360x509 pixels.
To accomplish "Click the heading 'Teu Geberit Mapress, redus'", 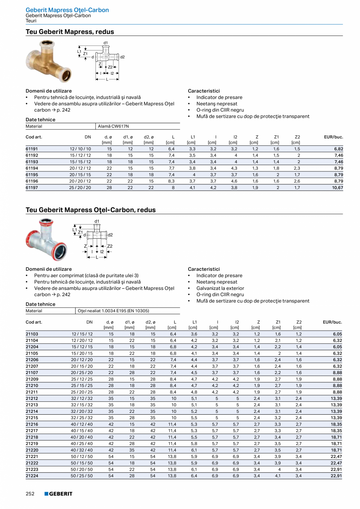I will pyautogui.click(x=70, y=32).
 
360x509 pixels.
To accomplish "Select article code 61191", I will pyautogui.click(x=32, y=149).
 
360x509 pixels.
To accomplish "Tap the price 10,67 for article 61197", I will pyautogui.click(x=337, y=188).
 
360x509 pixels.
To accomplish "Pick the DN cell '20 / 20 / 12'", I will pyautogui.click(x=80, y=181).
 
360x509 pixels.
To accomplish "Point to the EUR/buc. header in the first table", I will pyautogui.click(x=333, y=137).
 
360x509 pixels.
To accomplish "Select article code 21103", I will pyautogui.click(x=32, y=334).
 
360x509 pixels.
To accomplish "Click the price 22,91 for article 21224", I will pyautogui.click(x=336, y=476).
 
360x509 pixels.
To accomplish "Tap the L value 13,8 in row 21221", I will pyautogui.click(x=172, y=456).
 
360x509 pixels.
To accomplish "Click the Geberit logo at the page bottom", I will pyautogui.click(x=58, y=494).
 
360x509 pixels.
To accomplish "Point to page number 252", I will pyautogui.click(x=30, y=494).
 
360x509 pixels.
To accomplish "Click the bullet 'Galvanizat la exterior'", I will pyautogui.click(x=220, y=288).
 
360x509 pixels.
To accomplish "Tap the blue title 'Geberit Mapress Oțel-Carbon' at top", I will pyautogui.click(x=67, y=10).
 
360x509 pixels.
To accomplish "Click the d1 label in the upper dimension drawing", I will pyautogui.click(x=106, y=43).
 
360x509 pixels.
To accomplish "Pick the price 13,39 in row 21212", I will pyautogui.click(x=336, y=398).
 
